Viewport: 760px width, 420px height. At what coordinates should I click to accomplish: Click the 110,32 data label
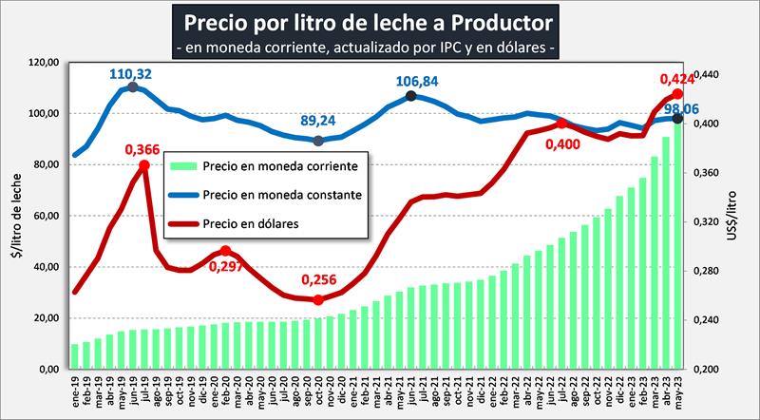pos(131,71)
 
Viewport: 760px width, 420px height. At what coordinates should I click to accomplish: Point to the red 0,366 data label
pos(142,148)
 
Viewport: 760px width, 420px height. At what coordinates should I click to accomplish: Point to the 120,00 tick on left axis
pos(46,63)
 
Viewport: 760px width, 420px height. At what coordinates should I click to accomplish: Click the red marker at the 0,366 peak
pos(143,165)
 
